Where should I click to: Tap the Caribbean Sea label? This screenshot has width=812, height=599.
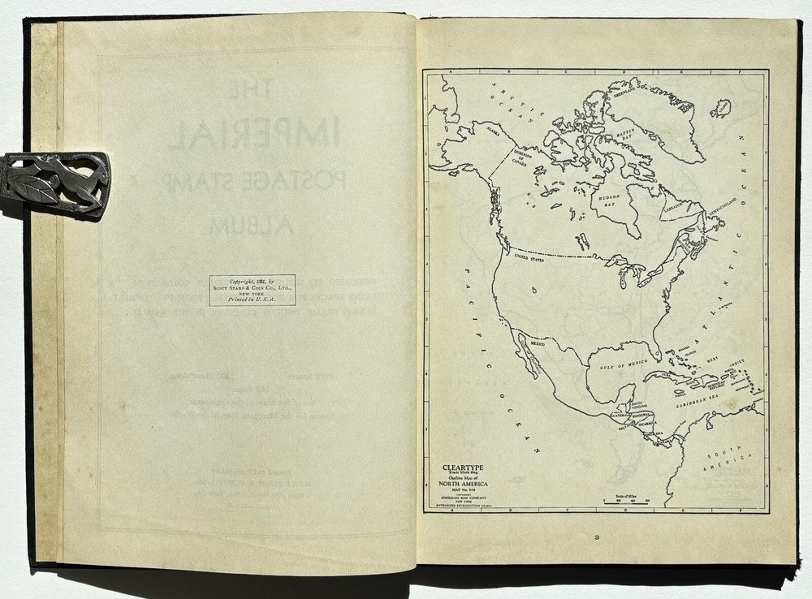697,400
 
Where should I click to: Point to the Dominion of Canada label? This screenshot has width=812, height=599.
519,157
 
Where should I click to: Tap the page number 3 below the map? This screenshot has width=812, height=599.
596,537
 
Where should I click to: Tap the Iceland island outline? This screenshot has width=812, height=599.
719,108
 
